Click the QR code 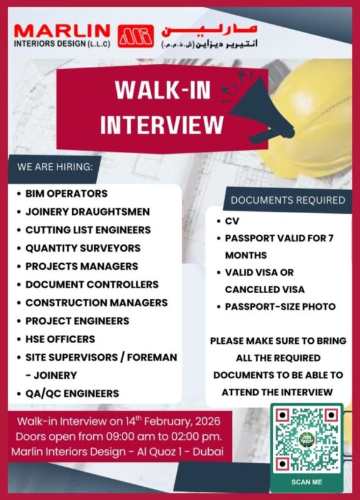pyautogui.click(x=306, y=438)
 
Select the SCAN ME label pyautogui.click(x=306, y=482)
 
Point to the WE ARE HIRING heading pyautogui.click(x=55, y=167)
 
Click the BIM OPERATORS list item pyautogui.click(x=66, y=193)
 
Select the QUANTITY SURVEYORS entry pyautogui.click(x=82, y=247)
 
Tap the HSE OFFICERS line pyautogui.click(x=60, y=339)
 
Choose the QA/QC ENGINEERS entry pyautogui.click(x=72, y=393)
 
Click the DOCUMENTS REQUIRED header pyautogui.click(x=287, y=200)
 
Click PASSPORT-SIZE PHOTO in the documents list pyautogui.click(x=281, y=306)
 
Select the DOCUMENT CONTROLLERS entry pyautogui.click(x=92, y=284)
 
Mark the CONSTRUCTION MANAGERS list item pyautogui.click(x=96, y=302)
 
